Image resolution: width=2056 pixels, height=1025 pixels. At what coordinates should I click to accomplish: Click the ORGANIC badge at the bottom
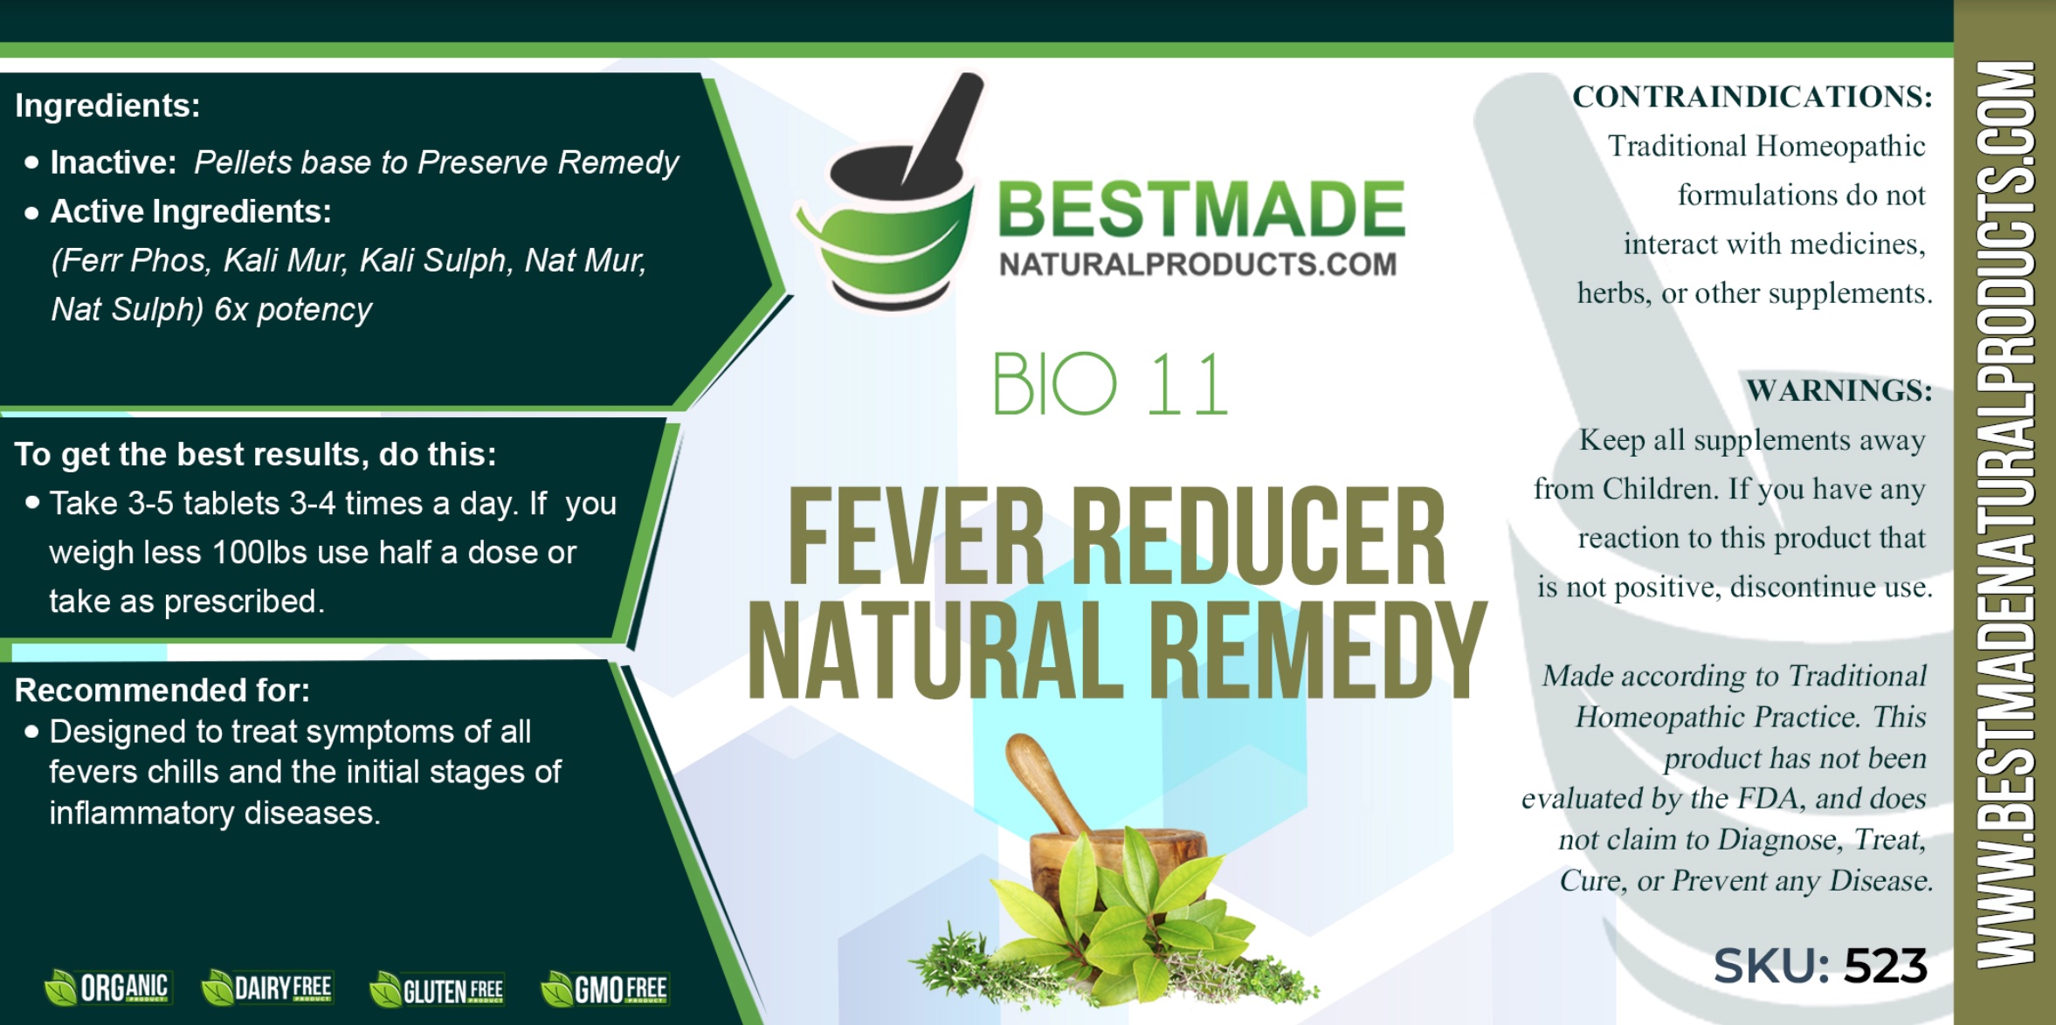(x=107, y=988)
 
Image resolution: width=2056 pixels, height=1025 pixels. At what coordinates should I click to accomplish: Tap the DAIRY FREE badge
(x=266, y=988)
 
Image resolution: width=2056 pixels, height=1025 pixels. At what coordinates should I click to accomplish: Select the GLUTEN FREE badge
(x=436, y=990)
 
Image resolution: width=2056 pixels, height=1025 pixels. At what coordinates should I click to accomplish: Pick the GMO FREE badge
(x=604, y=989)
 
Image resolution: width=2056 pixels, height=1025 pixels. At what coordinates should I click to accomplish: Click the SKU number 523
(x=1885, y=967)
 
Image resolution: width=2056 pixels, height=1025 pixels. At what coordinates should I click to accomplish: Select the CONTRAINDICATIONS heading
(x=1752, y=96)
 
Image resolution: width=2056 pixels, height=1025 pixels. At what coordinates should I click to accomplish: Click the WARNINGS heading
(x=1839, y=390)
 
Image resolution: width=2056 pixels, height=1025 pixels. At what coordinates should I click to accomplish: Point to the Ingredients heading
(x=107, y=106)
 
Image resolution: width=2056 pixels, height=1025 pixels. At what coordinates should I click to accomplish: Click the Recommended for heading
(x=162, y=690)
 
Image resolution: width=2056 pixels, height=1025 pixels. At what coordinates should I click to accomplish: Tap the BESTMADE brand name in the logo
(x=1202, y=210)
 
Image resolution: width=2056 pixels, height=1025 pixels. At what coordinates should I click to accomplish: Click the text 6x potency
(x=293, y=310)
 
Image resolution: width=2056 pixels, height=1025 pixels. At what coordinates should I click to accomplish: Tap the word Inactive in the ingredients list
(x=114, y=162)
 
